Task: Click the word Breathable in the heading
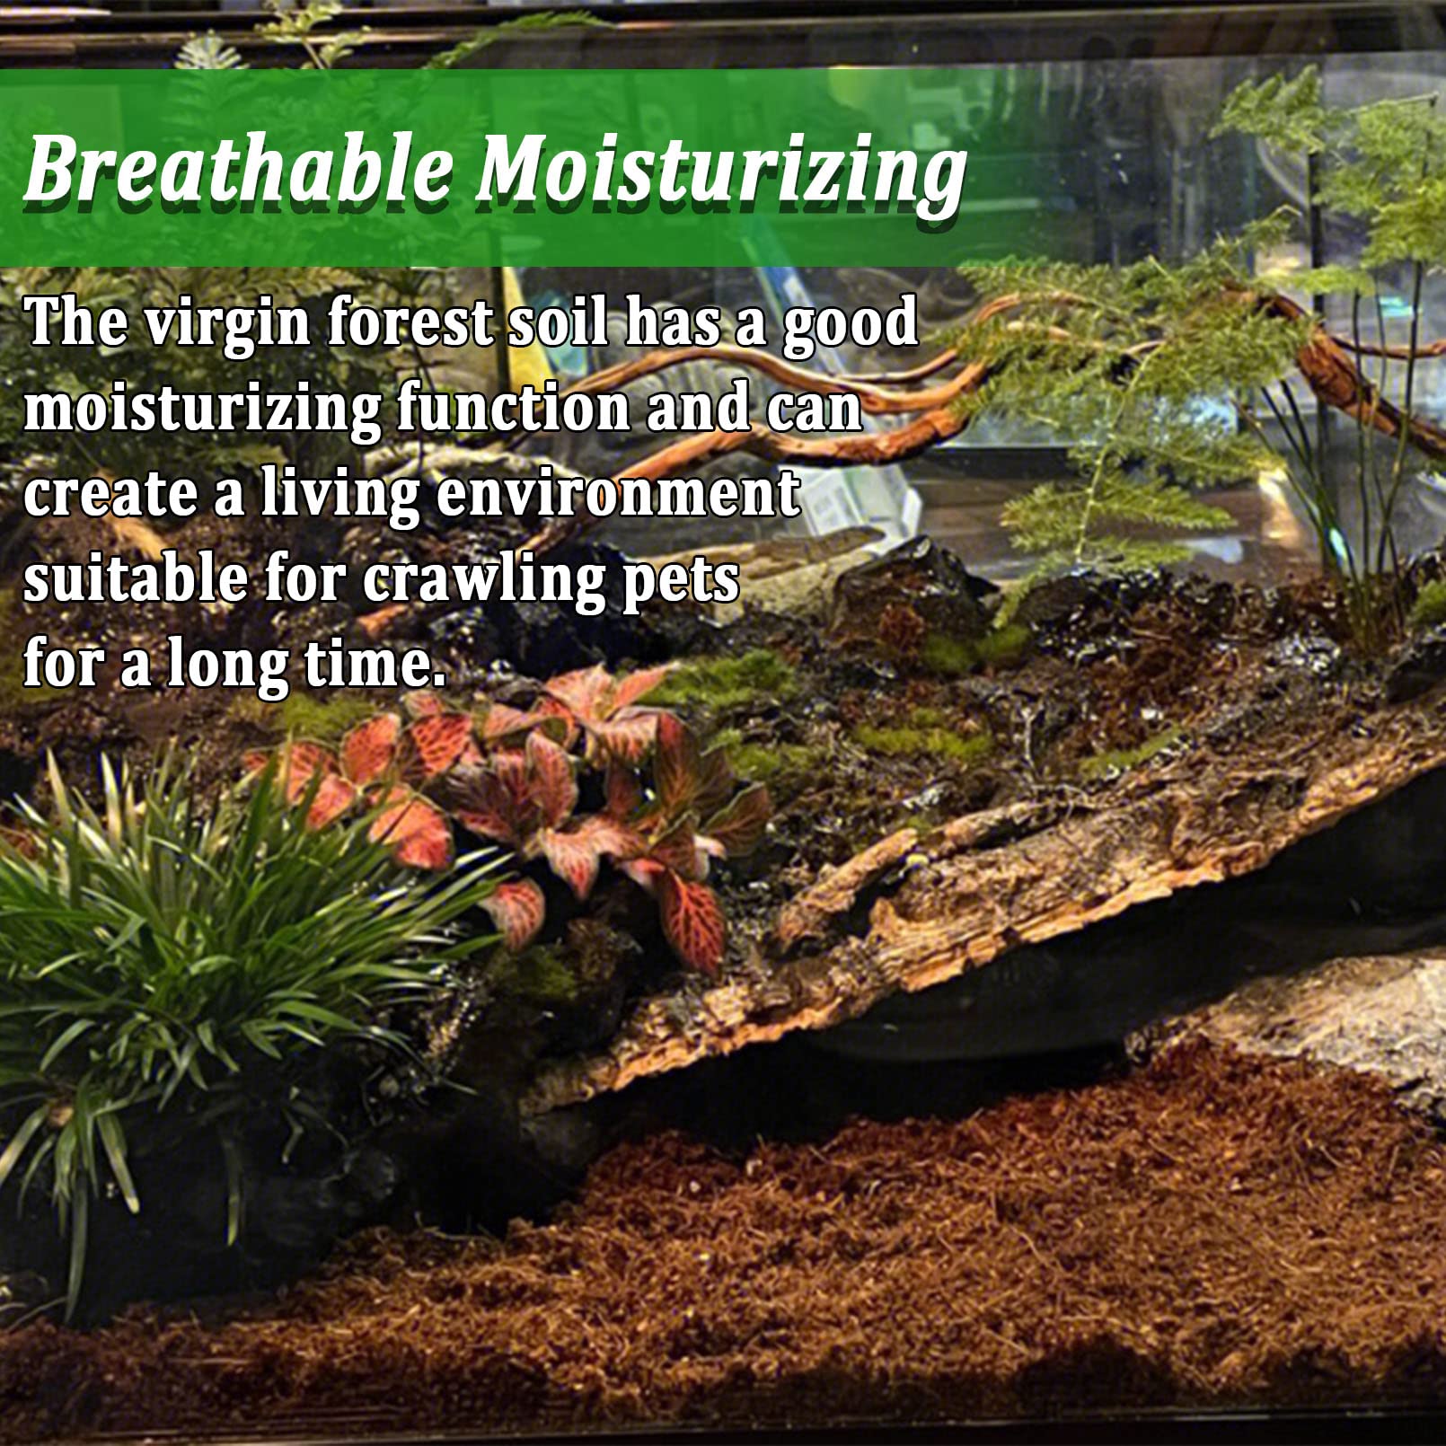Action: (239, 168)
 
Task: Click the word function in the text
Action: (513, 409)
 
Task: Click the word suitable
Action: (135, 579)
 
